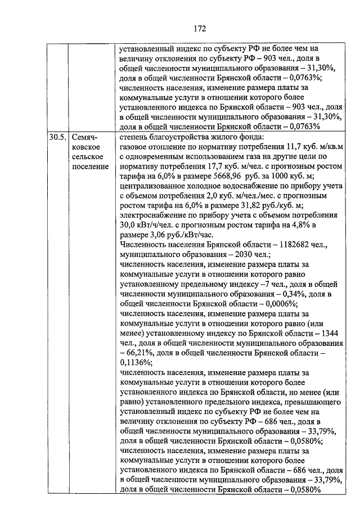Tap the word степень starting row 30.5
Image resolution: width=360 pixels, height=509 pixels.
[137, 136]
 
